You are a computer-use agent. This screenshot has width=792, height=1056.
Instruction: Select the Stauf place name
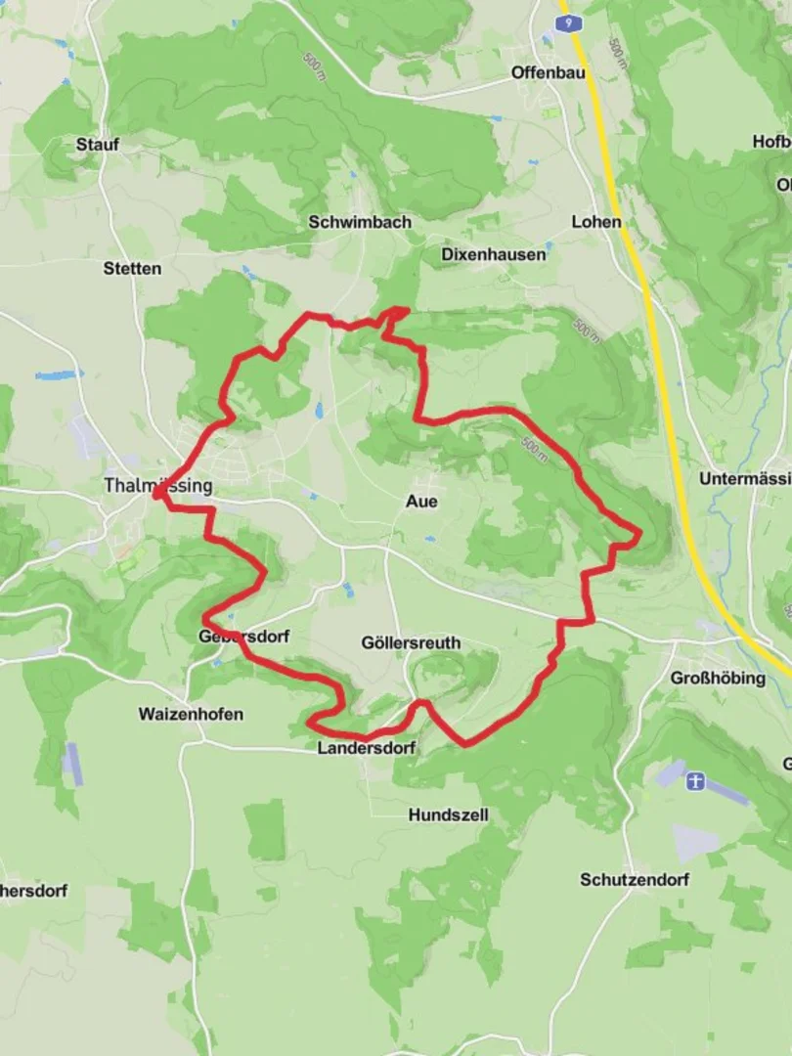[98, 145]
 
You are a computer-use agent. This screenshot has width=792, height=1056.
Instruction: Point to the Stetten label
[132, 268]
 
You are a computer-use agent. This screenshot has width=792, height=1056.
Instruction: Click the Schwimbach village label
[360, 222]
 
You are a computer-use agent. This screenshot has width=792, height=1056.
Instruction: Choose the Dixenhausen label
[494, 254]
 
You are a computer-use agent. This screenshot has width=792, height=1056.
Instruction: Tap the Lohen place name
[596, 222]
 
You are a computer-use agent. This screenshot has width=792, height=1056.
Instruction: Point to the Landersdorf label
[367, 748]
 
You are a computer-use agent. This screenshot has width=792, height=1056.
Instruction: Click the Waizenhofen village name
[191, 714]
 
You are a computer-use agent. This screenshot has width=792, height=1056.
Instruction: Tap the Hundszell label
[449, 814]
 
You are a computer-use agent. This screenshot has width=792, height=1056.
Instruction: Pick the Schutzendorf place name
[635, 879]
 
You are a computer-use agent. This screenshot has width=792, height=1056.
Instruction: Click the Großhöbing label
[719, 678]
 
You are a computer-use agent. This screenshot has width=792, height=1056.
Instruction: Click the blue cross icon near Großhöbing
[695, 781]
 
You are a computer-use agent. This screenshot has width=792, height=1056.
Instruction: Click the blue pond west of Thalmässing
[55, 374]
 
